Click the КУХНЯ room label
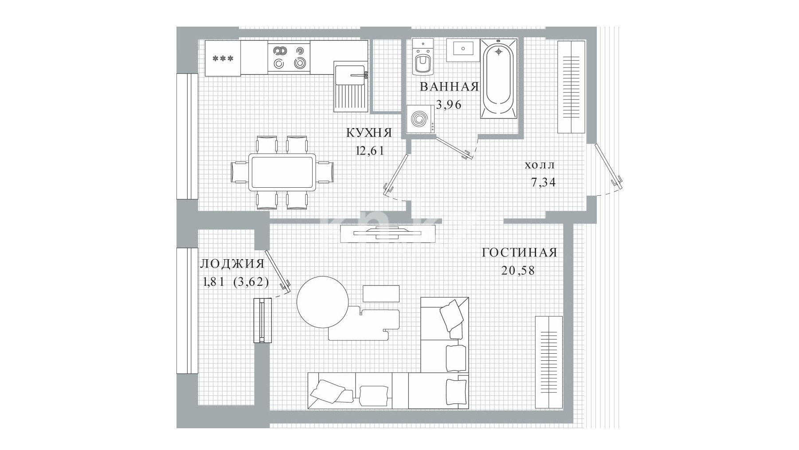pos(368,133)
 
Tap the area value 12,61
pos(369,150)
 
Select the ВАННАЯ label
pos(450,87)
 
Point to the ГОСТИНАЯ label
pos(519,253)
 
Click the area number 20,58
pos(518,270)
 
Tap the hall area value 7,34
pos(543,182)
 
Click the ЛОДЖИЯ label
pos(232,264)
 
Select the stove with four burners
pos(289,58)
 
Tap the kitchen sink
pos(351,87)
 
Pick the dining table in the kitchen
pos(282,172)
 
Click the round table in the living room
pos(322,302)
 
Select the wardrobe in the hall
pos(571,87)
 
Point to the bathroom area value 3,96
pos(449,105)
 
